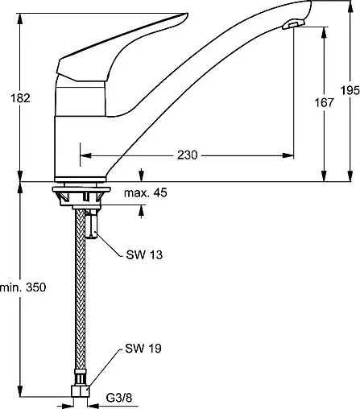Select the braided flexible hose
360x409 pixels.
[82, 306]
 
